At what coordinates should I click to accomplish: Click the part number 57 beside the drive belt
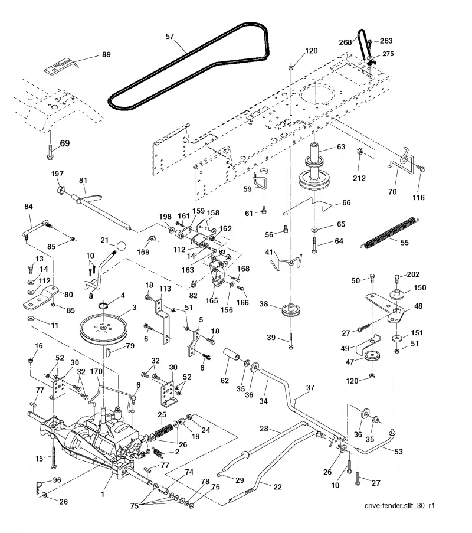(x=169, y=36)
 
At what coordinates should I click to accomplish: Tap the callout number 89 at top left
(x=106, y=54)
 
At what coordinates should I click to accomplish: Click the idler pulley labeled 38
(x=290, y=310)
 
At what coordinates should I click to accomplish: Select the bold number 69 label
(x=64, y=143)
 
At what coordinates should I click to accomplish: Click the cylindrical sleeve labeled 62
(x=231, y=355)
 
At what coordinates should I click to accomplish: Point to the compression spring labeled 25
(x=164, y=430)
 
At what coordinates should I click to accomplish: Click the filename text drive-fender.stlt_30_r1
(x=399, y=505)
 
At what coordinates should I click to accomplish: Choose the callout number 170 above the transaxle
(x=96, y=371)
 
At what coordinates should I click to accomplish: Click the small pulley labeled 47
(x=372, y=356)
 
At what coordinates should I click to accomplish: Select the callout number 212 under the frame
(x=359, y=178)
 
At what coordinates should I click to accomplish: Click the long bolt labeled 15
(x=53, y=456)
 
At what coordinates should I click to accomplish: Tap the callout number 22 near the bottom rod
(x=278, y=487)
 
